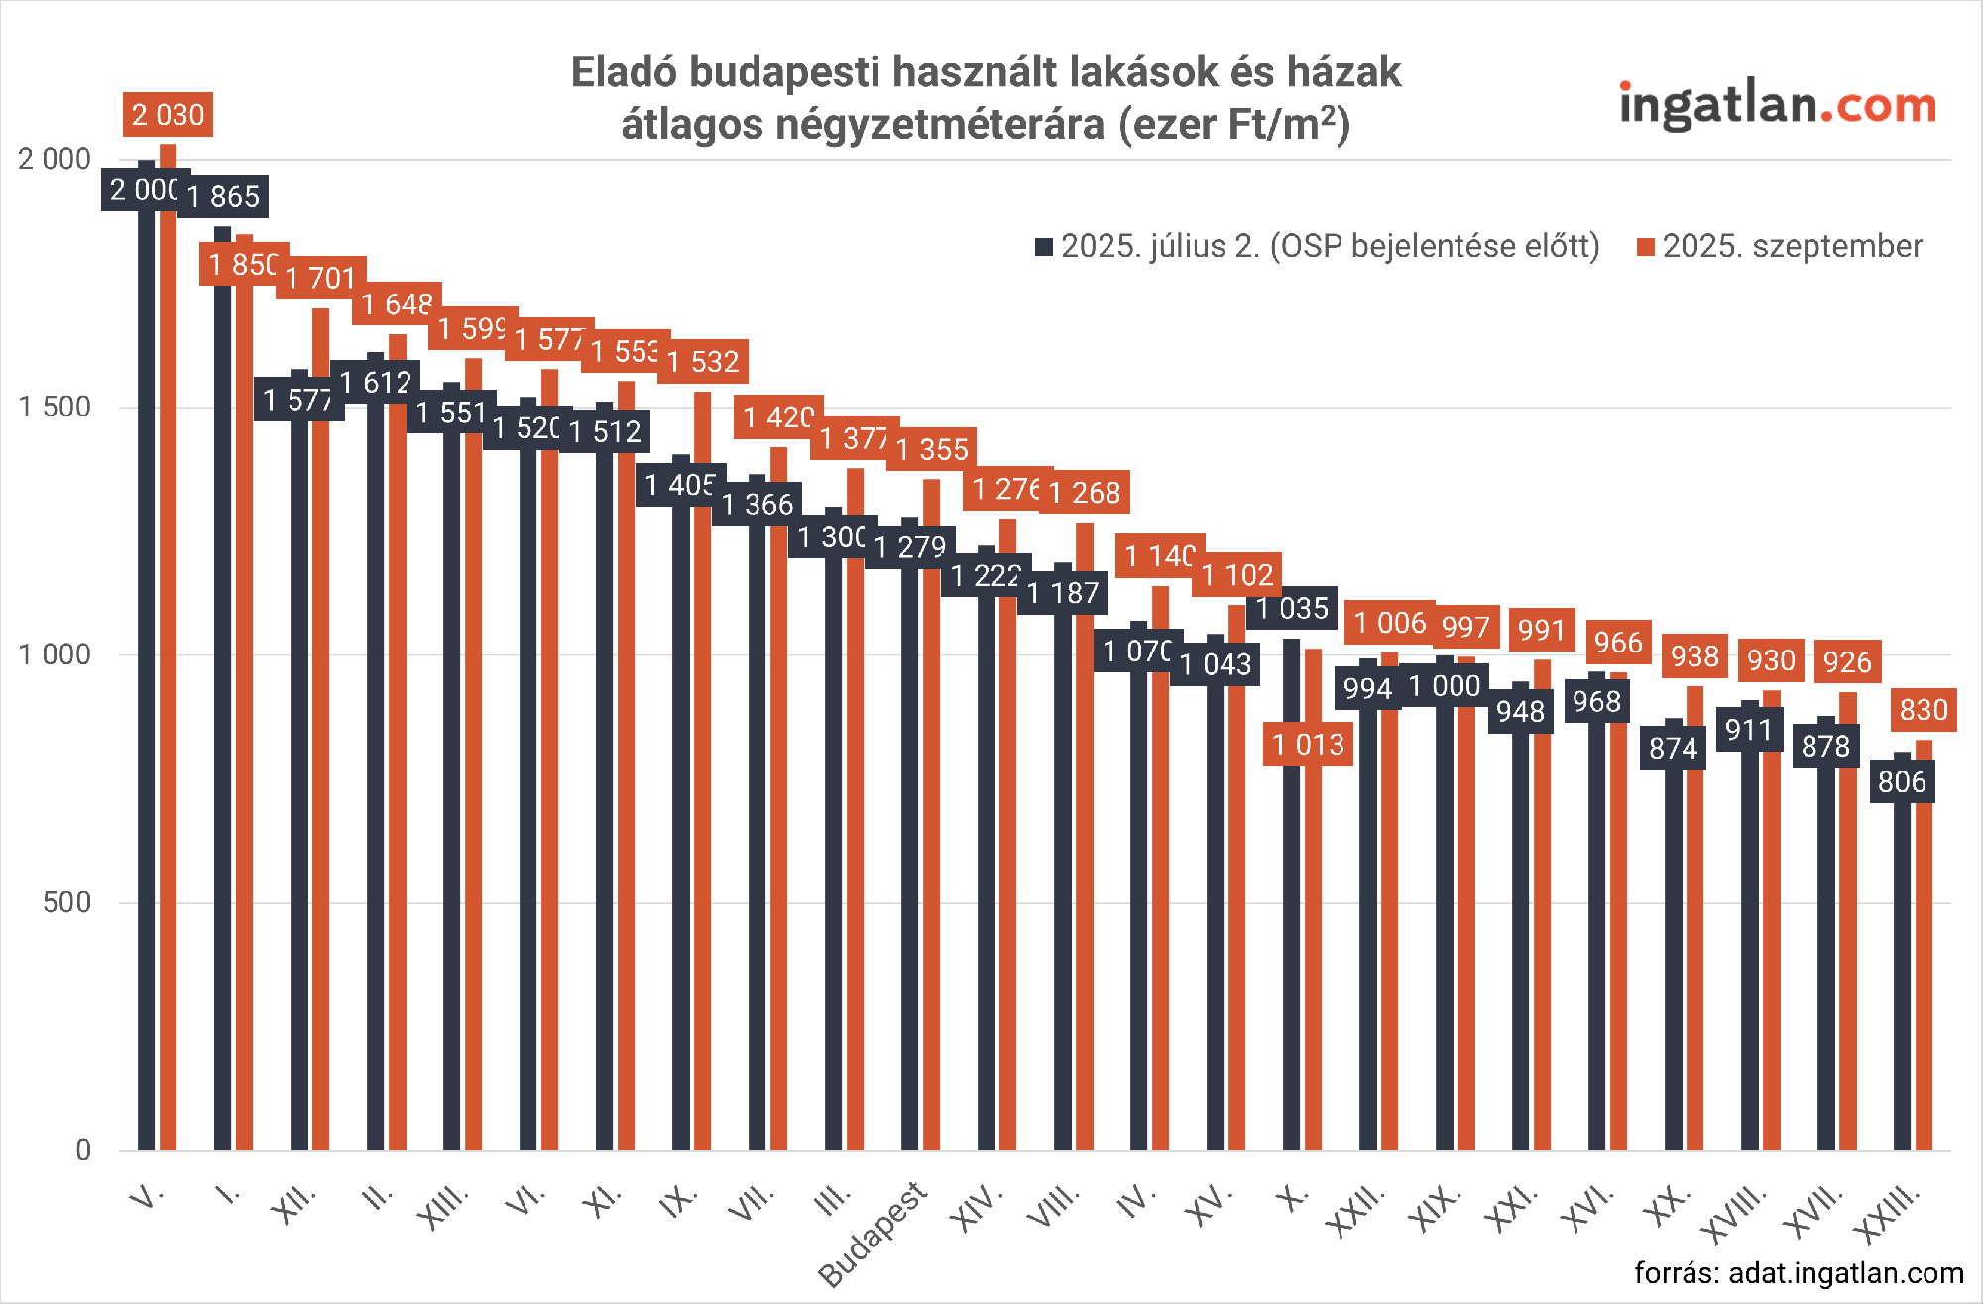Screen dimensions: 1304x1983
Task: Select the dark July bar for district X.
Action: (1291, 892)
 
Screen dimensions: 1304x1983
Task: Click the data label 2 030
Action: (168, 115)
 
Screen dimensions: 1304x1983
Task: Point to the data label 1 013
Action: (1308, 745)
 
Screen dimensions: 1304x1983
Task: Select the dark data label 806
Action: (1902, 782)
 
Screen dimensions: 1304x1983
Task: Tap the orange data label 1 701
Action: (321, 278)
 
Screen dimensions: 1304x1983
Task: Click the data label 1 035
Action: (1292, 608)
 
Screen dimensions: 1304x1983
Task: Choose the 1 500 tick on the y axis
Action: (55, 407)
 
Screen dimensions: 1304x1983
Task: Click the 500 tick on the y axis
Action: (66, 902)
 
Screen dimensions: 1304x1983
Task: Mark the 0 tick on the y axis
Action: (83, 1150)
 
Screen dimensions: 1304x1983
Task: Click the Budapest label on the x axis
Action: (873, 1235)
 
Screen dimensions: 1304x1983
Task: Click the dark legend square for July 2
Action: (1043, 247)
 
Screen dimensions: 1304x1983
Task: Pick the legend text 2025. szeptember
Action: (1792, 246)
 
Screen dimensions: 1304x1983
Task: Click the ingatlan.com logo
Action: (1777, 104)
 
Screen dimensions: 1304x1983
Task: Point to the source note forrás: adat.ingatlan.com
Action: (1799, 1273)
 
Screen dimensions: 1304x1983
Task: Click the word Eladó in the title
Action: (624, 72)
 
